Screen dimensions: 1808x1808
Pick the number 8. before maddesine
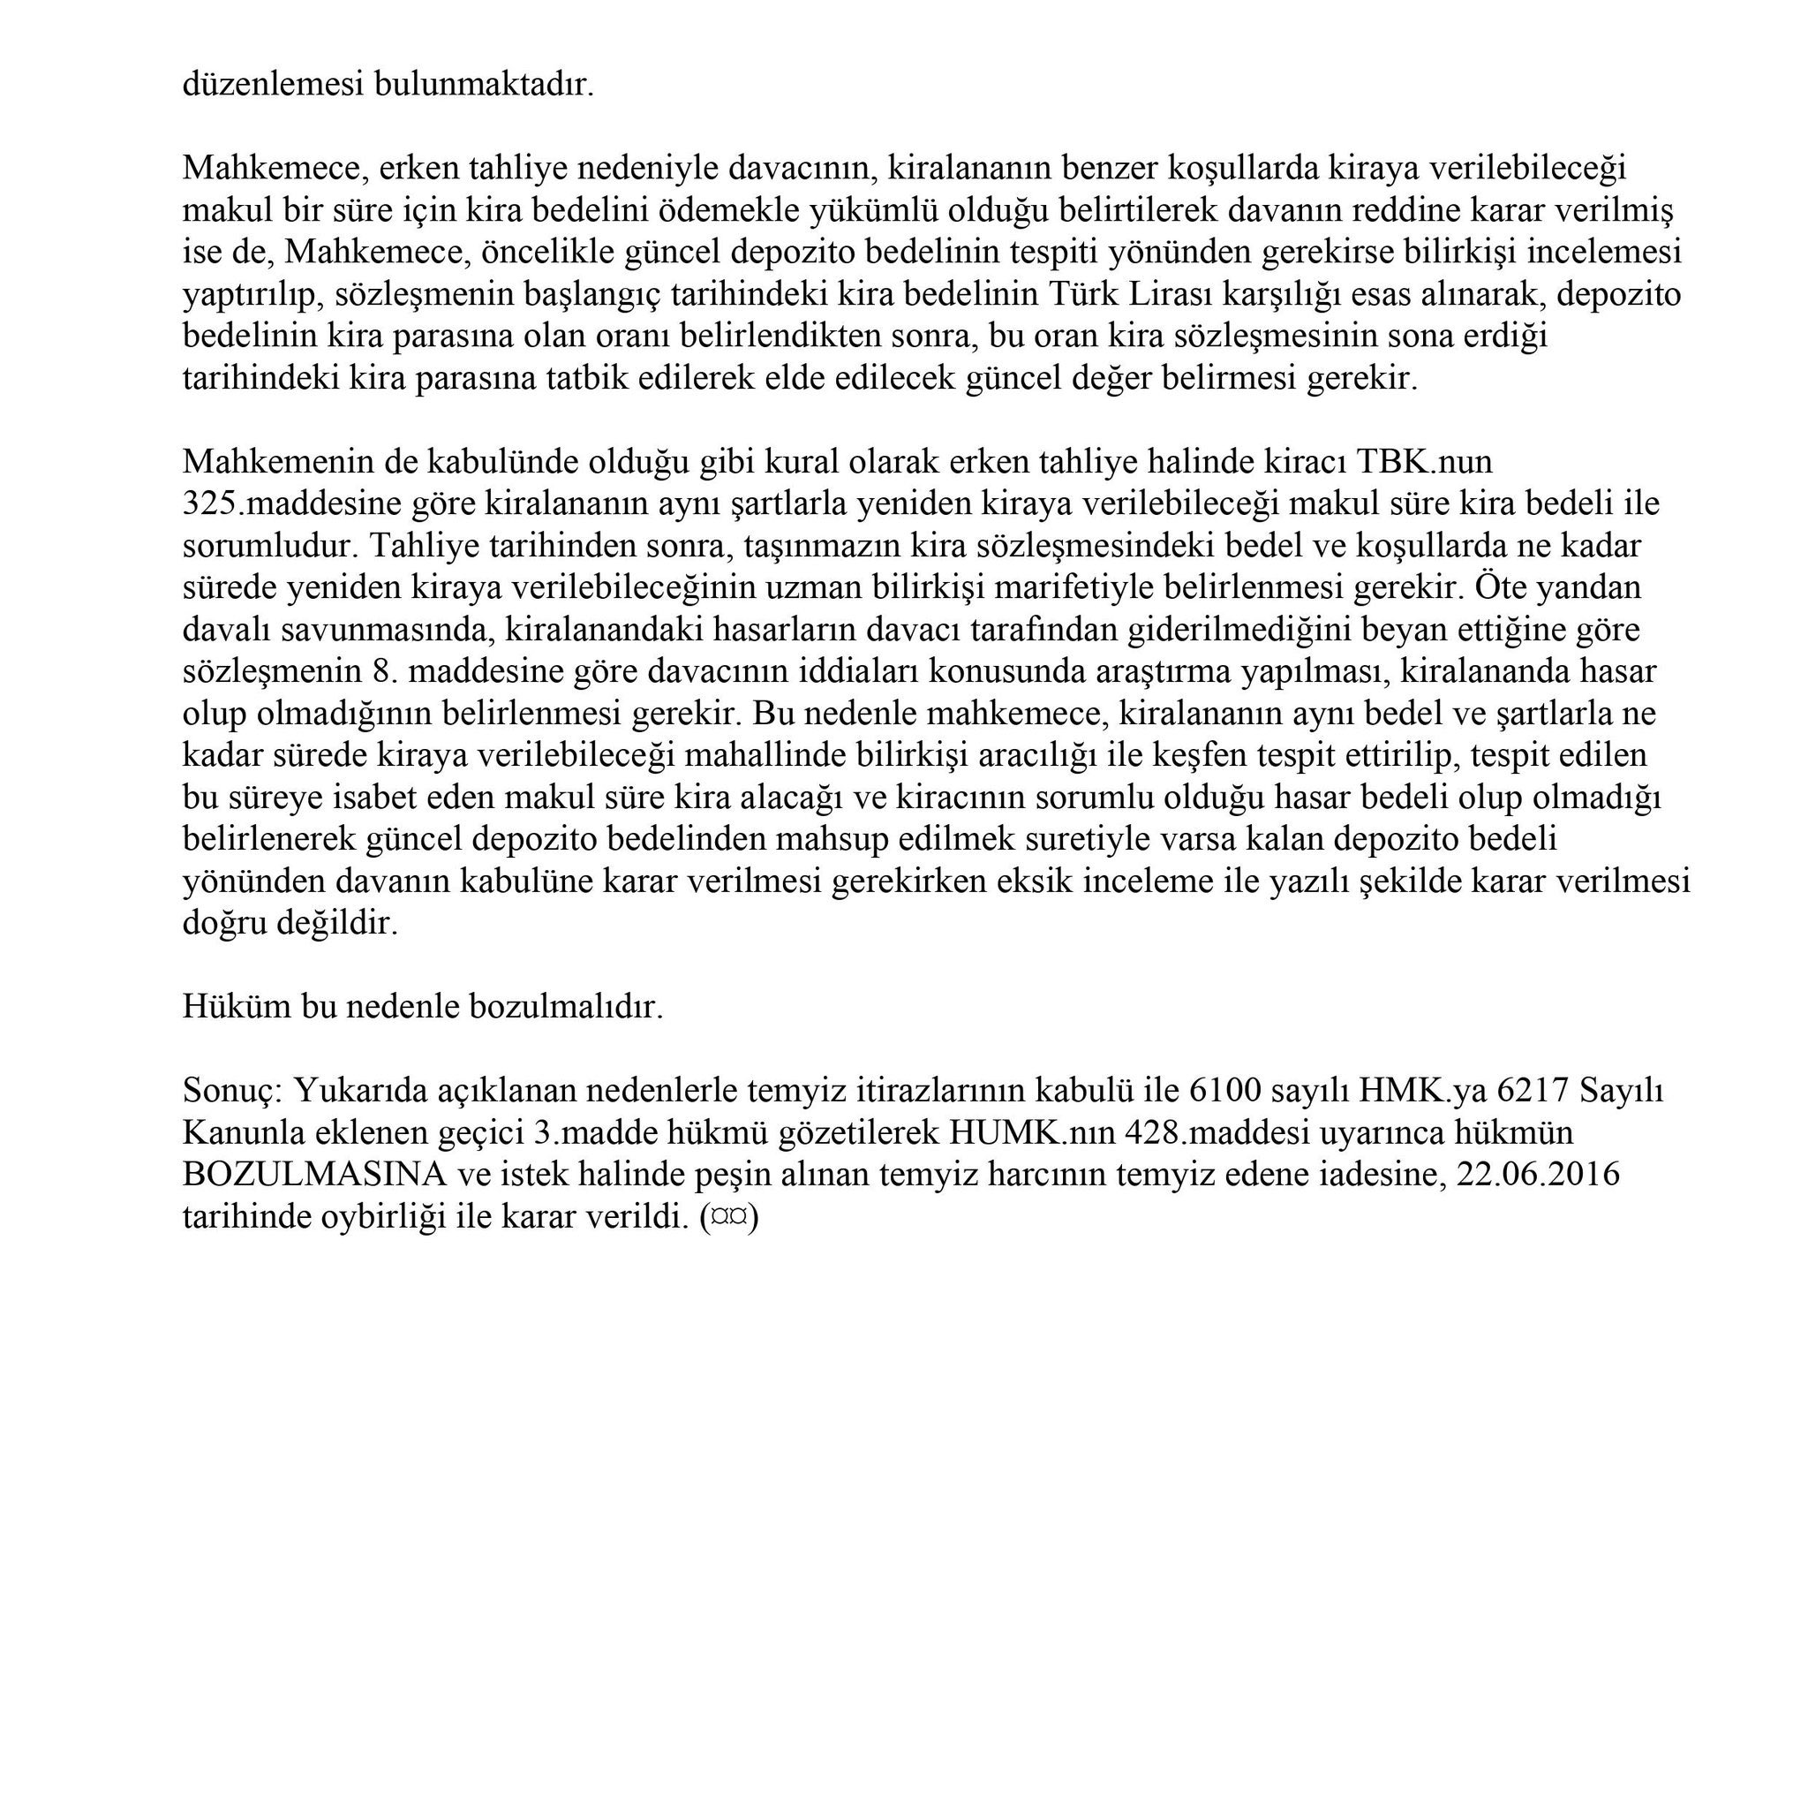pos(374,671)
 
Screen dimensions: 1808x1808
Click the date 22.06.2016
pos(1538,1174)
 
